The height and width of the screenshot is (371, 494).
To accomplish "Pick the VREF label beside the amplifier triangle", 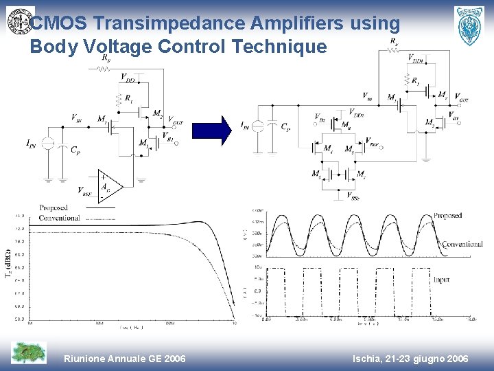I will coord(85,192).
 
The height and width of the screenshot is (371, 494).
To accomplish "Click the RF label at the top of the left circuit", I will coord(105,59).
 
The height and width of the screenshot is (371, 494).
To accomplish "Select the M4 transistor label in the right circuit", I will coord(328,149).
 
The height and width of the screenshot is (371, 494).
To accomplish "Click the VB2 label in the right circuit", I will coord(320,117).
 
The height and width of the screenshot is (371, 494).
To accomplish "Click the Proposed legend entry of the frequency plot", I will coord(54,207).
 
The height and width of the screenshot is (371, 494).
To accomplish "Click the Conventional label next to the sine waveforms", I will coord(462,244).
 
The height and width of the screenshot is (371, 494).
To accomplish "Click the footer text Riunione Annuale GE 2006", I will coord(124,359).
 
